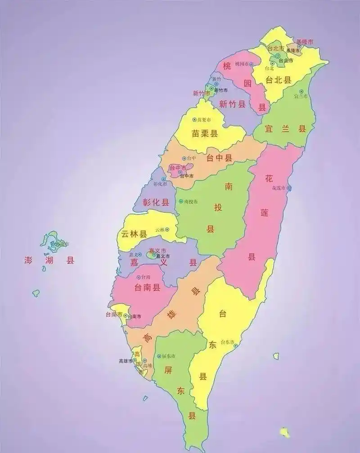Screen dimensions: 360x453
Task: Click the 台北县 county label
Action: [x=278, y=80]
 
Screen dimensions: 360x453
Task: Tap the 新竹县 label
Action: [x=232, y=104]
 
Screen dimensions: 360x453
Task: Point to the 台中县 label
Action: [x=219, y=157]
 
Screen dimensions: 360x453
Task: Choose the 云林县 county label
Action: [x=135, y=234]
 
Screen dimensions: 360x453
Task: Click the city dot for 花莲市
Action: [x=289, y=188]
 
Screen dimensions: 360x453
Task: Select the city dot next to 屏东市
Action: [x=159, y=356]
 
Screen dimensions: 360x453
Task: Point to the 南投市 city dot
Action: [x=181, y=202]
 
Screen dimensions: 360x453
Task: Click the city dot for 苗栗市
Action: [x=194, y=120]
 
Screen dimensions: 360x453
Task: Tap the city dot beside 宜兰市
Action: [x=309, y=96]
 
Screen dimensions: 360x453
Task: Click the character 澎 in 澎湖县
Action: [x=28, y=260]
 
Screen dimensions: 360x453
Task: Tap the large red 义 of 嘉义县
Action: [x=164, y=262]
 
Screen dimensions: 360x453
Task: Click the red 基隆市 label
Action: [x=305, y=42]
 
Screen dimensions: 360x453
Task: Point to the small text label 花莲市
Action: [x=279, y=188]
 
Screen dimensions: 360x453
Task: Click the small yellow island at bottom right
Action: [x=284, y=432]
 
